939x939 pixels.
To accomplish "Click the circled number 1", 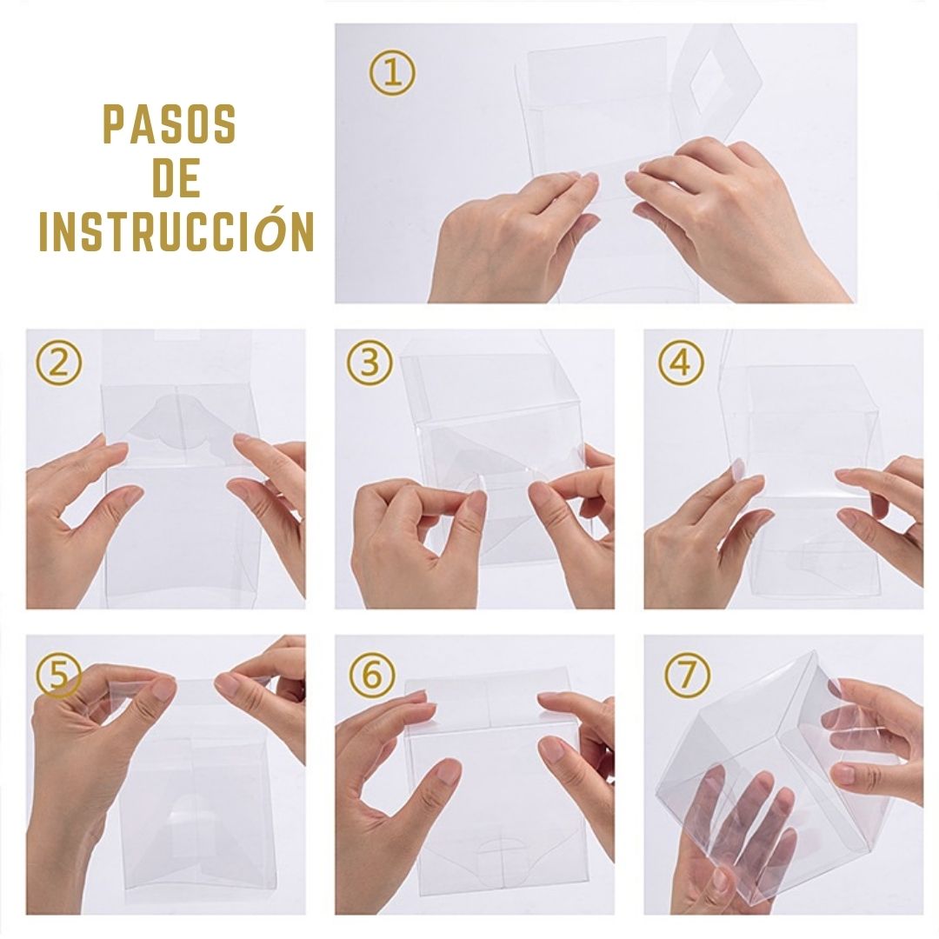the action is point(392,73).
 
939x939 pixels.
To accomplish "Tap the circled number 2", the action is point(58,363).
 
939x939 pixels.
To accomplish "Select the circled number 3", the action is point(370,363).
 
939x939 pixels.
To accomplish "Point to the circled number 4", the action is point(682,363).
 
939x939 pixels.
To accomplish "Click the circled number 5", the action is point(59,676).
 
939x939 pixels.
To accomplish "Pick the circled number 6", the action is point(372,675).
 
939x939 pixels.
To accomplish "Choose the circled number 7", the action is point(688,675).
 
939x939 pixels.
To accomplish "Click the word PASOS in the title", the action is point(170,124).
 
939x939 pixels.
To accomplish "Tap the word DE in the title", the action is point(176,178).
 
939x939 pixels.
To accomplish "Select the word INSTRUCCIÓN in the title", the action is point(176,230).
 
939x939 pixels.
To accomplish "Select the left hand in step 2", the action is point(78,515).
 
